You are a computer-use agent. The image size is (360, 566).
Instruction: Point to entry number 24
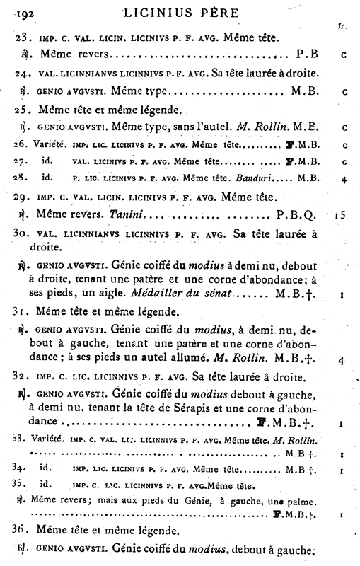23,74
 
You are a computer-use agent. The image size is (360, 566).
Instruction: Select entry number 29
23,195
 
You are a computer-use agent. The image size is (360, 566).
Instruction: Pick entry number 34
23,469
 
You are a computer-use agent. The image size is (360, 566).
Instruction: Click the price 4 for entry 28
342,179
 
